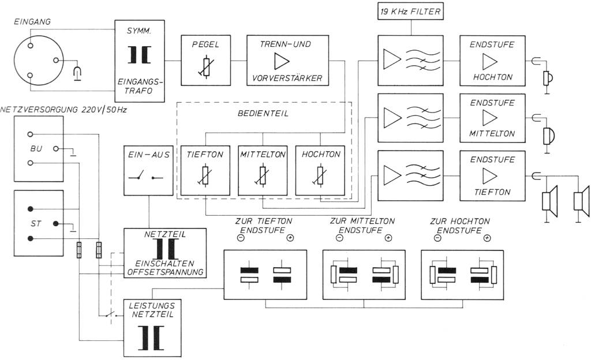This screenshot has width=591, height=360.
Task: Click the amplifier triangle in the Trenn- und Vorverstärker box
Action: click(282, 60)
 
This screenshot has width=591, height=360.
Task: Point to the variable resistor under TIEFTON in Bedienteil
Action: click(205, 177)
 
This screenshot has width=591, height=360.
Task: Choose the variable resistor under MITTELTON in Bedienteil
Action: click(263, 177)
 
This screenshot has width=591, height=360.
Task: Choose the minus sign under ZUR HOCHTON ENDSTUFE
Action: click(439, 238)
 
